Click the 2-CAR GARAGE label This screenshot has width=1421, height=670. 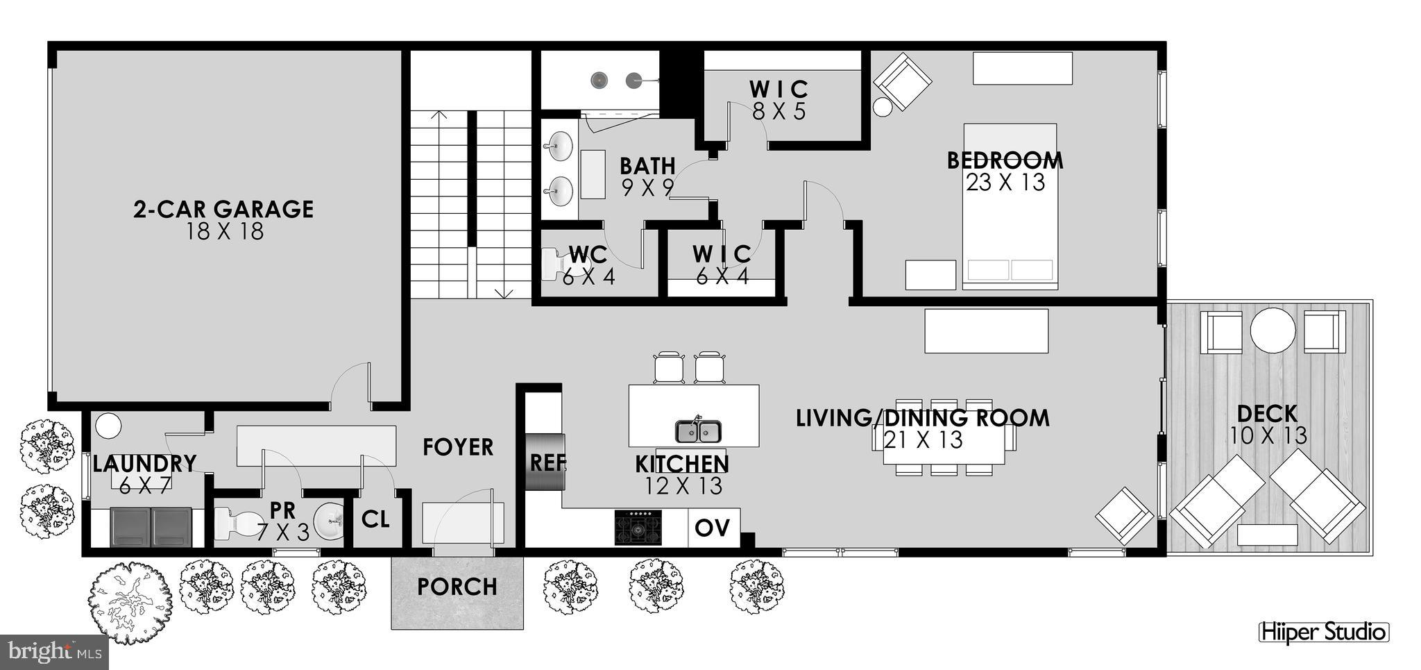(x=223, y=209)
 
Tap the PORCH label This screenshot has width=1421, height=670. (x=457, y=587)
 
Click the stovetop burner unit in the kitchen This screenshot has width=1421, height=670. (x=638, y=528)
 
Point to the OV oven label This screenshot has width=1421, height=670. (x=713, y=528)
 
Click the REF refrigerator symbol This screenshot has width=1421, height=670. (x=546, y=462)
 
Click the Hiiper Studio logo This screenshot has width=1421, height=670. (x=1323, y=633)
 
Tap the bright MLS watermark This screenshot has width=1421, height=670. (x=52, y=652)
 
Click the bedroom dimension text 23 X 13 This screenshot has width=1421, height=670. (x=1005, y=183)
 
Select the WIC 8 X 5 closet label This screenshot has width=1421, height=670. (x=778, y=100)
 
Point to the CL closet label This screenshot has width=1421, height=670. (x=375, y=519)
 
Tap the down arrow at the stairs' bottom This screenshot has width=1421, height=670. (x=504, y=292)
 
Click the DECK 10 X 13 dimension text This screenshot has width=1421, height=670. (x=1268, y=436)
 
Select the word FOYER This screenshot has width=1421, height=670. (x=458, y=447)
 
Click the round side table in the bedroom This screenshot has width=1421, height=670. (x=883, y=107)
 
